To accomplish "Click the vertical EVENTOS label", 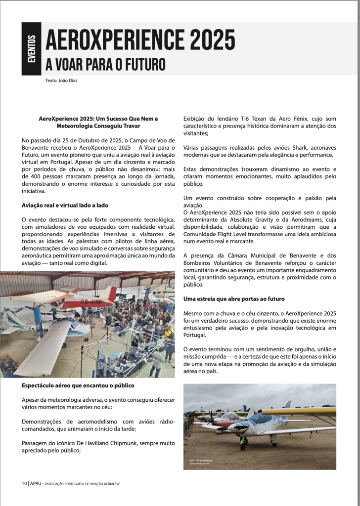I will [32, 49].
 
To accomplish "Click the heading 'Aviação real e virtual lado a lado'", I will [65, 205].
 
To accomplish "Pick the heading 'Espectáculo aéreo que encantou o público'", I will [78, 385].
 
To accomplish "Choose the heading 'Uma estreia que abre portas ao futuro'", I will [234, 299].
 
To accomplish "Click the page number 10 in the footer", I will [24, 483].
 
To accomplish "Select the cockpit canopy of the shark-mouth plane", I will [264, 419].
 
